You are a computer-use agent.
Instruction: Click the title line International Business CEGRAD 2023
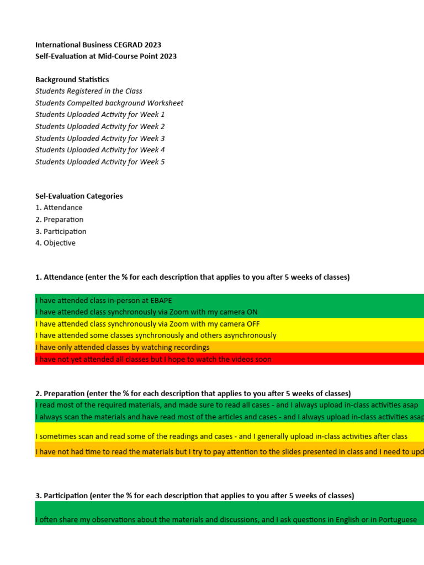[x=98, y=45]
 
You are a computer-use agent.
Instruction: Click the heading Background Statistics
[x=72, y=79]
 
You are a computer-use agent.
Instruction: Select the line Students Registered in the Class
[x=89, y=91]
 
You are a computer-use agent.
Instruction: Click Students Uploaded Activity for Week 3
[x=100, y=138]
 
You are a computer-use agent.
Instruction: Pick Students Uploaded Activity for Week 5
[x=100, y=162]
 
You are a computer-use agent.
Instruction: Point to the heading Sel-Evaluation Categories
[x=79, y=196]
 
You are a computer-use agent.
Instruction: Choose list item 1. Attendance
[x=59, y=207]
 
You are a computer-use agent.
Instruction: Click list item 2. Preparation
[x=60, y=220]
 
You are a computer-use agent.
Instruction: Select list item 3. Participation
[x=61, y=231]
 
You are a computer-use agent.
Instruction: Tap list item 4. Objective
[x=56, y=243]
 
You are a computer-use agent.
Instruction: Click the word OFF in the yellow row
[x=252, y=324]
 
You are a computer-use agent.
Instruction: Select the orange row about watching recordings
[x=123, y=347]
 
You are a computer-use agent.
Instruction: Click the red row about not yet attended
[x=153, y=359]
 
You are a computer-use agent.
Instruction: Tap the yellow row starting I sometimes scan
[x=221, y=436]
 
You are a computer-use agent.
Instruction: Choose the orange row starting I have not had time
[x=221, y=452]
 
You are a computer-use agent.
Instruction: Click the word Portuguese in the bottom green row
[x=396, y=520]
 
